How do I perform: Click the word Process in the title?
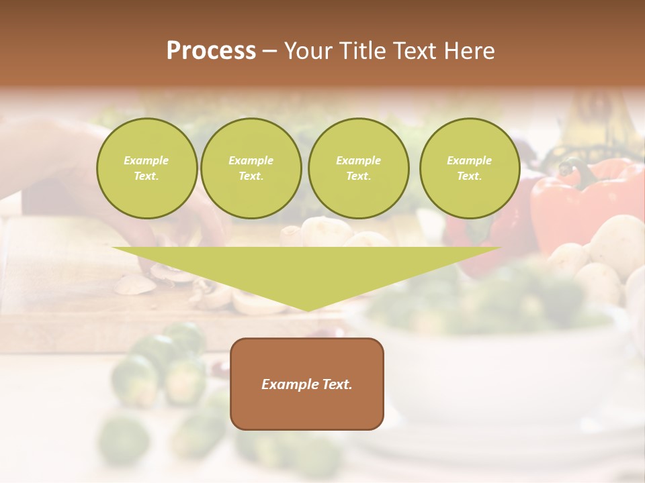pos(211,51)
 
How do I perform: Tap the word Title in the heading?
pos(360,51)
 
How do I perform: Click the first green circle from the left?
pos(146,168)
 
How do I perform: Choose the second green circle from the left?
pos(251,168)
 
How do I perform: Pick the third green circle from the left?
pos(358,168)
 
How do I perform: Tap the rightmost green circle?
pos(469,168)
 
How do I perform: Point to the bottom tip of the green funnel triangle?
pos(307,310)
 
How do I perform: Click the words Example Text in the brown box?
pos(307,384)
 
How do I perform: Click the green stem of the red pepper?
pos(572,168)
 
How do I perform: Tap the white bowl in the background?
pos(511,362)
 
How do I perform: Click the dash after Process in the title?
pos(269,51)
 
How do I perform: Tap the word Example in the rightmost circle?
pos(469,160)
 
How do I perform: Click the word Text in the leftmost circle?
pos(146,176)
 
